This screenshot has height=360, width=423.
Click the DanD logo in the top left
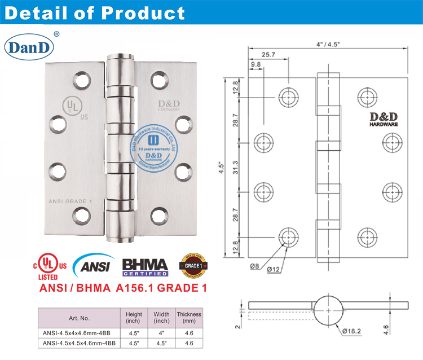point(30,46)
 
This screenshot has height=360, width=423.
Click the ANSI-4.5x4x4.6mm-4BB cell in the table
point(78,333)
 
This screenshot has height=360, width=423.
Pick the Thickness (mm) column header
point(189,318)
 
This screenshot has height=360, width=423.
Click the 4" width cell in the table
point(161,333)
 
